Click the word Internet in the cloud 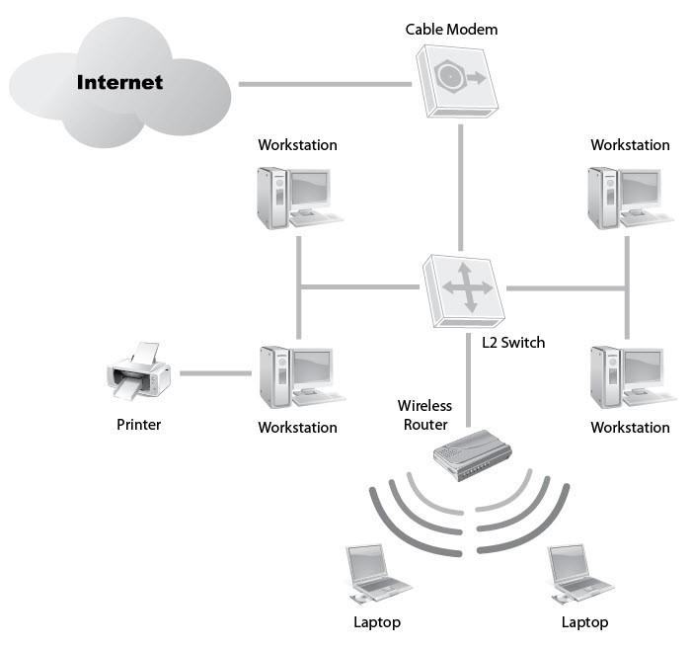click(x=119, y=82)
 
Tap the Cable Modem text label click(x=451, y=30)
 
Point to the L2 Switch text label click(x=507, y=343)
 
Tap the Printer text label click(x=138, y=425)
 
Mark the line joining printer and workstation click(x=215, y=373)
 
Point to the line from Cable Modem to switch click(x=461, y=188)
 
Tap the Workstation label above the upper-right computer click(x=630, y=145)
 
